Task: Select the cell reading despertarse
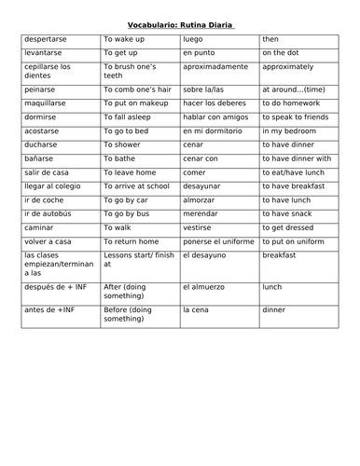[48, 41]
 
